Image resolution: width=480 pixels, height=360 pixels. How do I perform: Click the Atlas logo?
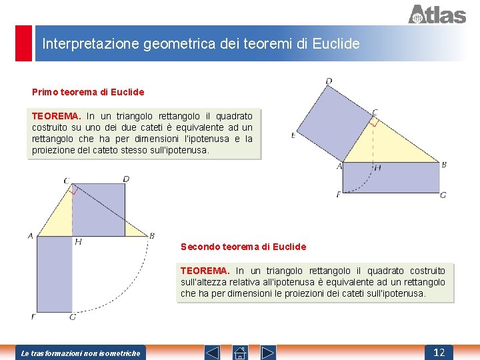coord(437,14)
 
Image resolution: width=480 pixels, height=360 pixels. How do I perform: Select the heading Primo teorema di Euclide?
coord(88,91)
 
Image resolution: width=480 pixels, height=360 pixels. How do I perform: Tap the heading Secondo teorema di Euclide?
coord(243,247)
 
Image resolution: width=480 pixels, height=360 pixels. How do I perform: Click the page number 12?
coord(439,352)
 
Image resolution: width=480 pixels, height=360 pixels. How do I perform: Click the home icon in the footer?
coord(241,352)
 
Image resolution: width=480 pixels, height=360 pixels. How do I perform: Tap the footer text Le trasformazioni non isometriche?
coord(81,353)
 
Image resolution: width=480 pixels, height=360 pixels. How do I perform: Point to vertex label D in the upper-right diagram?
coord(329,81)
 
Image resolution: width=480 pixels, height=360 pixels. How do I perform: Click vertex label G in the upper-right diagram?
coord(443,195)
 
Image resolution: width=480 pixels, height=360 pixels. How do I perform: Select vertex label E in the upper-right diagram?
coord(293,135)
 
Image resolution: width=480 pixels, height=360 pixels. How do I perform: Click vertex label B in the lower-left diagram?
coord(152,235)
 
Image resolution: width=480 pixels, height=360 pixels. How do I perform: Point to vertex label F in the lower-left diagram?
coord(33,316)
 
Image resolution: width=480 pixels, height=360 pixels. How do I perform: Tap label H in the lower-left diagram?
coord(78,241)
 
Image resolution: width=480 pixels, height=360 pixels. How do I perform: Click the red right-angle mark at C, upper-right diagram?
coord(374,121)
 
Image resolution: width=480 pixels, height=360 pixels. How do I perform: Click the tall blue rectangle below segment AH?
coord(54,273)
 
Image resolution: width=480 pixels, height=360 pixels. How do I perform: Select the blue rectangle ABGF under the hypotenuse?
coord(390,177)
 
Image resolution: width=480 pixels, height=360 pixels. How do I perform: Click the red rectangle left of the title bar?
coord(23,43)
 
